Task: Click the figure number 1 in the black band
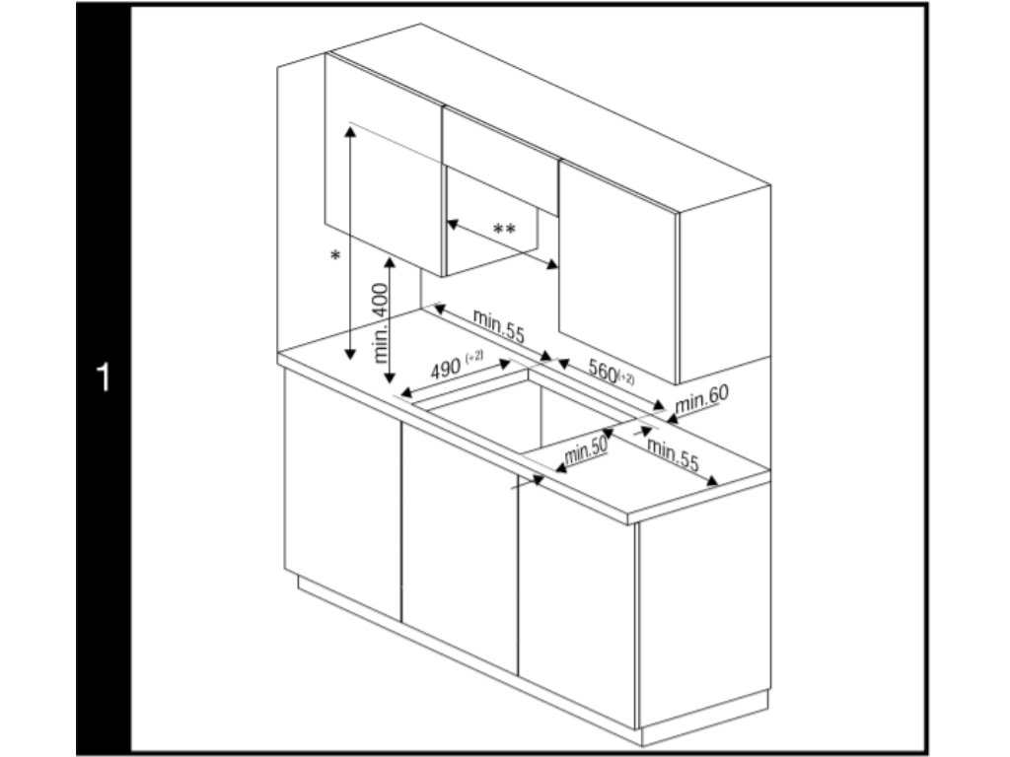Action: (x=103, y=378)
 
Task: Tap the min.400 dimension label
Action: (x=382, y=323)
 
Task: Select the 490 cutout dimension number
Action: (x=446, y=370)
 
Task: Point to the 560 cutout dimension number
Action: (x=603, y=371)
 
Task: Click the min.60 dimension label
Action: (x=702, y=399)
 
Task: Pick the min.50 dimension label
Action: (x=586, y=449)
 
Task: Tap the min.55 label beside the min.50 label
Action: (x=673, y=453)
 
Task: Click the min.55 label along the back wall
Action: (x=498, y=325)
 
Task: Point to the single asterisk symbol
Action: (x=335, y=256)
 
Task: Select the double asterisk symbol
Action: (x=504, y=229)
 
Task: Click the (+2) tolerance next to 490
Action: (x=474, y=356)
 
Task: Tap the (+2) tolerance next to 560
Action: (x=626, y=378)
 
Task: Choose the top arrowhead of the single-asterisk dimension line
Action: (x=350, y=131)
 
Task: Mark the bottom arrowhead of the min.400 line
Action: (x=389, y=378)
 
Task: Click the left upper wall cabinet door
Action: (x=384, y=165)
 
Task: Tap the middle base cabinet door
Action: (x=460, y=548)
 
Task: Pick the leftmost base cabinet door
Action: (x=342, y=495)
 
